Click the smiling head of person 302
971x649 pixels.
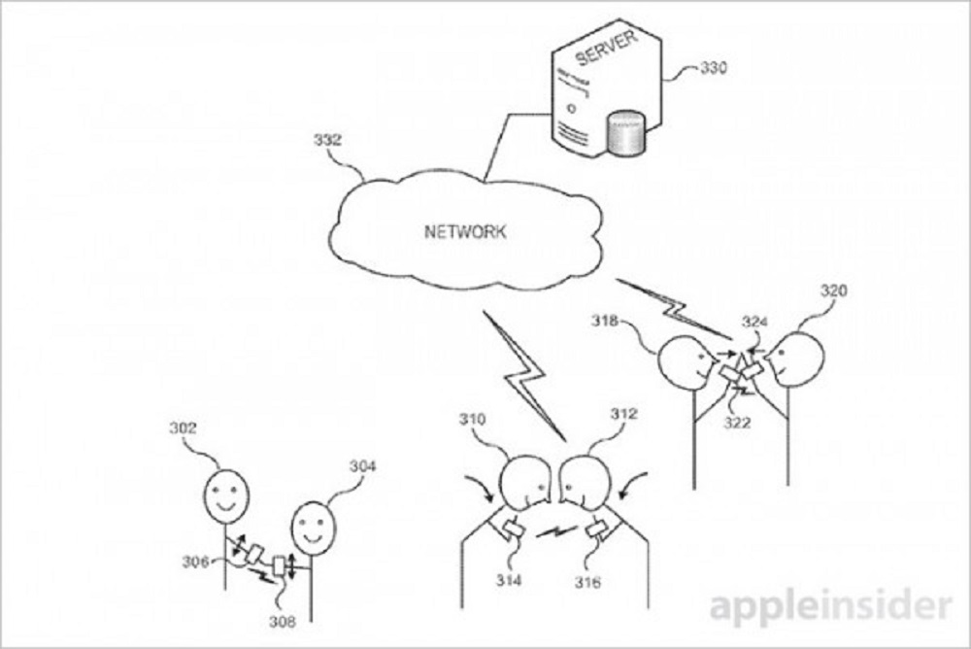click(x=225, y=495)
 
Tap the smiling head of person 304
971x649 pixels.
click(x=311, y=525)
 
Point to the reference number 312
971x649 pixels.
click(x=623, y=414)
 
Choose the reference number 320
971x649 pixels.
click(x=833, y=290)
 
